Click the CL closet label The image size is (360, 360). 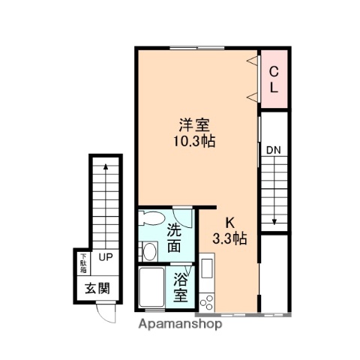pos(274,79)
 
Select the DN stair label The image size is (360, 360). pos(273,150)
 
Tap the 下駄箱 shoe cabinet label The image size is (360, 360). pos(83,264)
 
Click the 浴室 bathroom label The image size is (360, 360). pos(181,287)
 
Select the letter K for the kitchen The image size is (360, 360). pos(231,223)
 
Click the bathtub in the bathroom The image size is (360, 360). pos(155,289)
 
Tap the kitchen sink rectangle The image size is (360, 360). pos(207,271)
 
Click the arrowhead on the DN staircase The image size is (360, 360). pos(274,221)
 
